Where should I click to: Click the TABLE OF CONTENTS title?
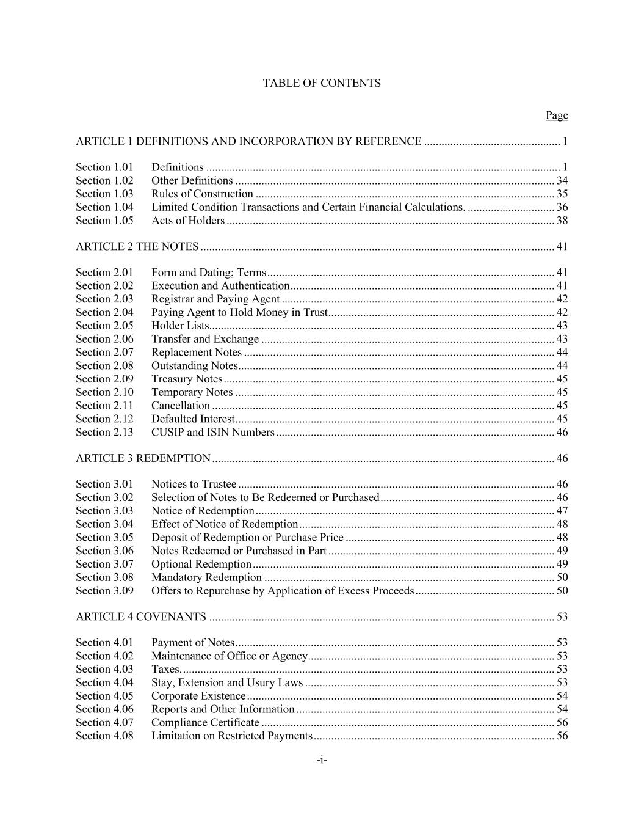[x=322, y=83]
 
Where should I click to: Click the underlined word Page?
[x=556, y=115]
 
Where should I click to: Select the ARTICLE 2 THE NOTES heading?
[x=137, y=247]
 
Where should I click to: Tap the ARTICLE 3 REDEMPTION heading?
[x=143, y=458]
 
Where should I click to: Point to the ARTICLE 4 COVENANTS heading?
[x=141, y=617]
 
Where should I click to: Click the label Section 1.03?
[x=104, y=194]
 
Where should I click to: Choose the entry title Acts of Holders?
[x=188, y=221]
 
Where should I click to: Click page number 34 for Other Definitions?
[x=562, y=181]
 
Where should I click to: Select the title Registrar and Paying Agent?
[x=215, y=299]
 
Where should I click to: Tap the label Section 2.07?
[x=104, y=353]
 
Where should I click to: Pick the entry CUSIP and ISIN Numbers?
[x=213, y=433]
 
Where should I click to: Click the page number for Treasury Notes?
[x=562, y=379]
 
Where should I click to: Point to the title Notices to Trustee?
[x=194, y=485]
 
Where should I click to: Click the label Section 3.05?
[x=104, y=538]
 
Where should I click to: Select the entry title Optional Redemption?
[x=201, y=565]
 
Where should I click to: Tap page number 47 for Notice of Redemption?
[x=562, y=511]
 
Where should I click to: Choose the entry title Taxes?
[x=165, y=670]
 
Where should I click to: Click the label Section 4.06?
[x=104, y=709]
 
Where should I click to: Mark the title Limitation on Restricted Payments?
[x=232, y=736]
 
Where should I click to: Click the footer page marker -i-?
[x=322, y=761]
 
